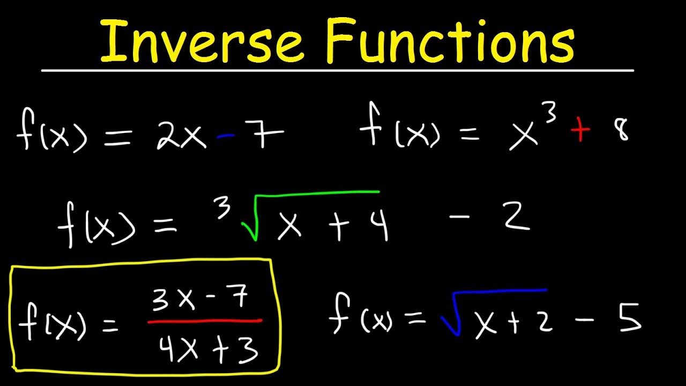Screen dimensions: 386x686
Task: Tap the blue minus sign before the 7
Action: tap(225, 137)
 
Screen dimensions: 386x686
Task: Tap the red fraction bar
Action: tap(205, 322)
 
